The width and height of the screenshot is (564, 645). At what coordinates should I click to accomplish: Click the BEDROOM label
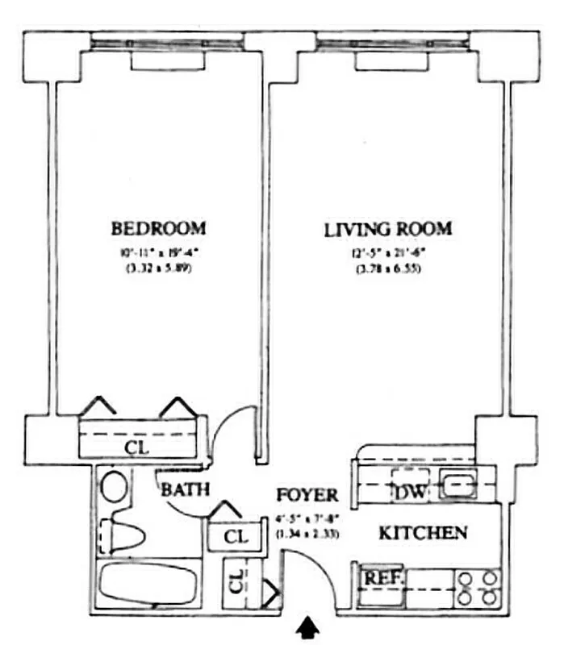tap(158, 227)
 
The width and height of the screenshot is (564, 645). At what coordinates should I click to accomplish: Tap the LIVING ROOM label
tap(387, 229)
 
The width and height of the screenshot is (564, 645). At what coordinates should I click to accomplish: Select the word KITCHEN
tap(423, 533)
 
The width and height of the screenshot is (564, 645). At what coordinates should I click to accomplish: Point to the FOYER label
tap(307, 495)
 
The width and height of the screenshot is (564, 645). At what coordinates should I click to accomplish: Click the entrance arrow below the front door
tap(307, 628)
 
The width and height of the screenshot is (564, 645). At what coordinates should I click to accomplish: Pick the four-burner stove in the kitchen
tap(478, 587)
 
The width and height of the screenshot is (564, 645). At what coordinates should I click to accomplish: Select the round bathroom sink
tap(115, 487)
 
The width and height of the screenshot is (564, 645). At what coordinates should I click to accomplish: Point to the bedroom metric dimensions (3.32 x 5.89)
tap(158, 270)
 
